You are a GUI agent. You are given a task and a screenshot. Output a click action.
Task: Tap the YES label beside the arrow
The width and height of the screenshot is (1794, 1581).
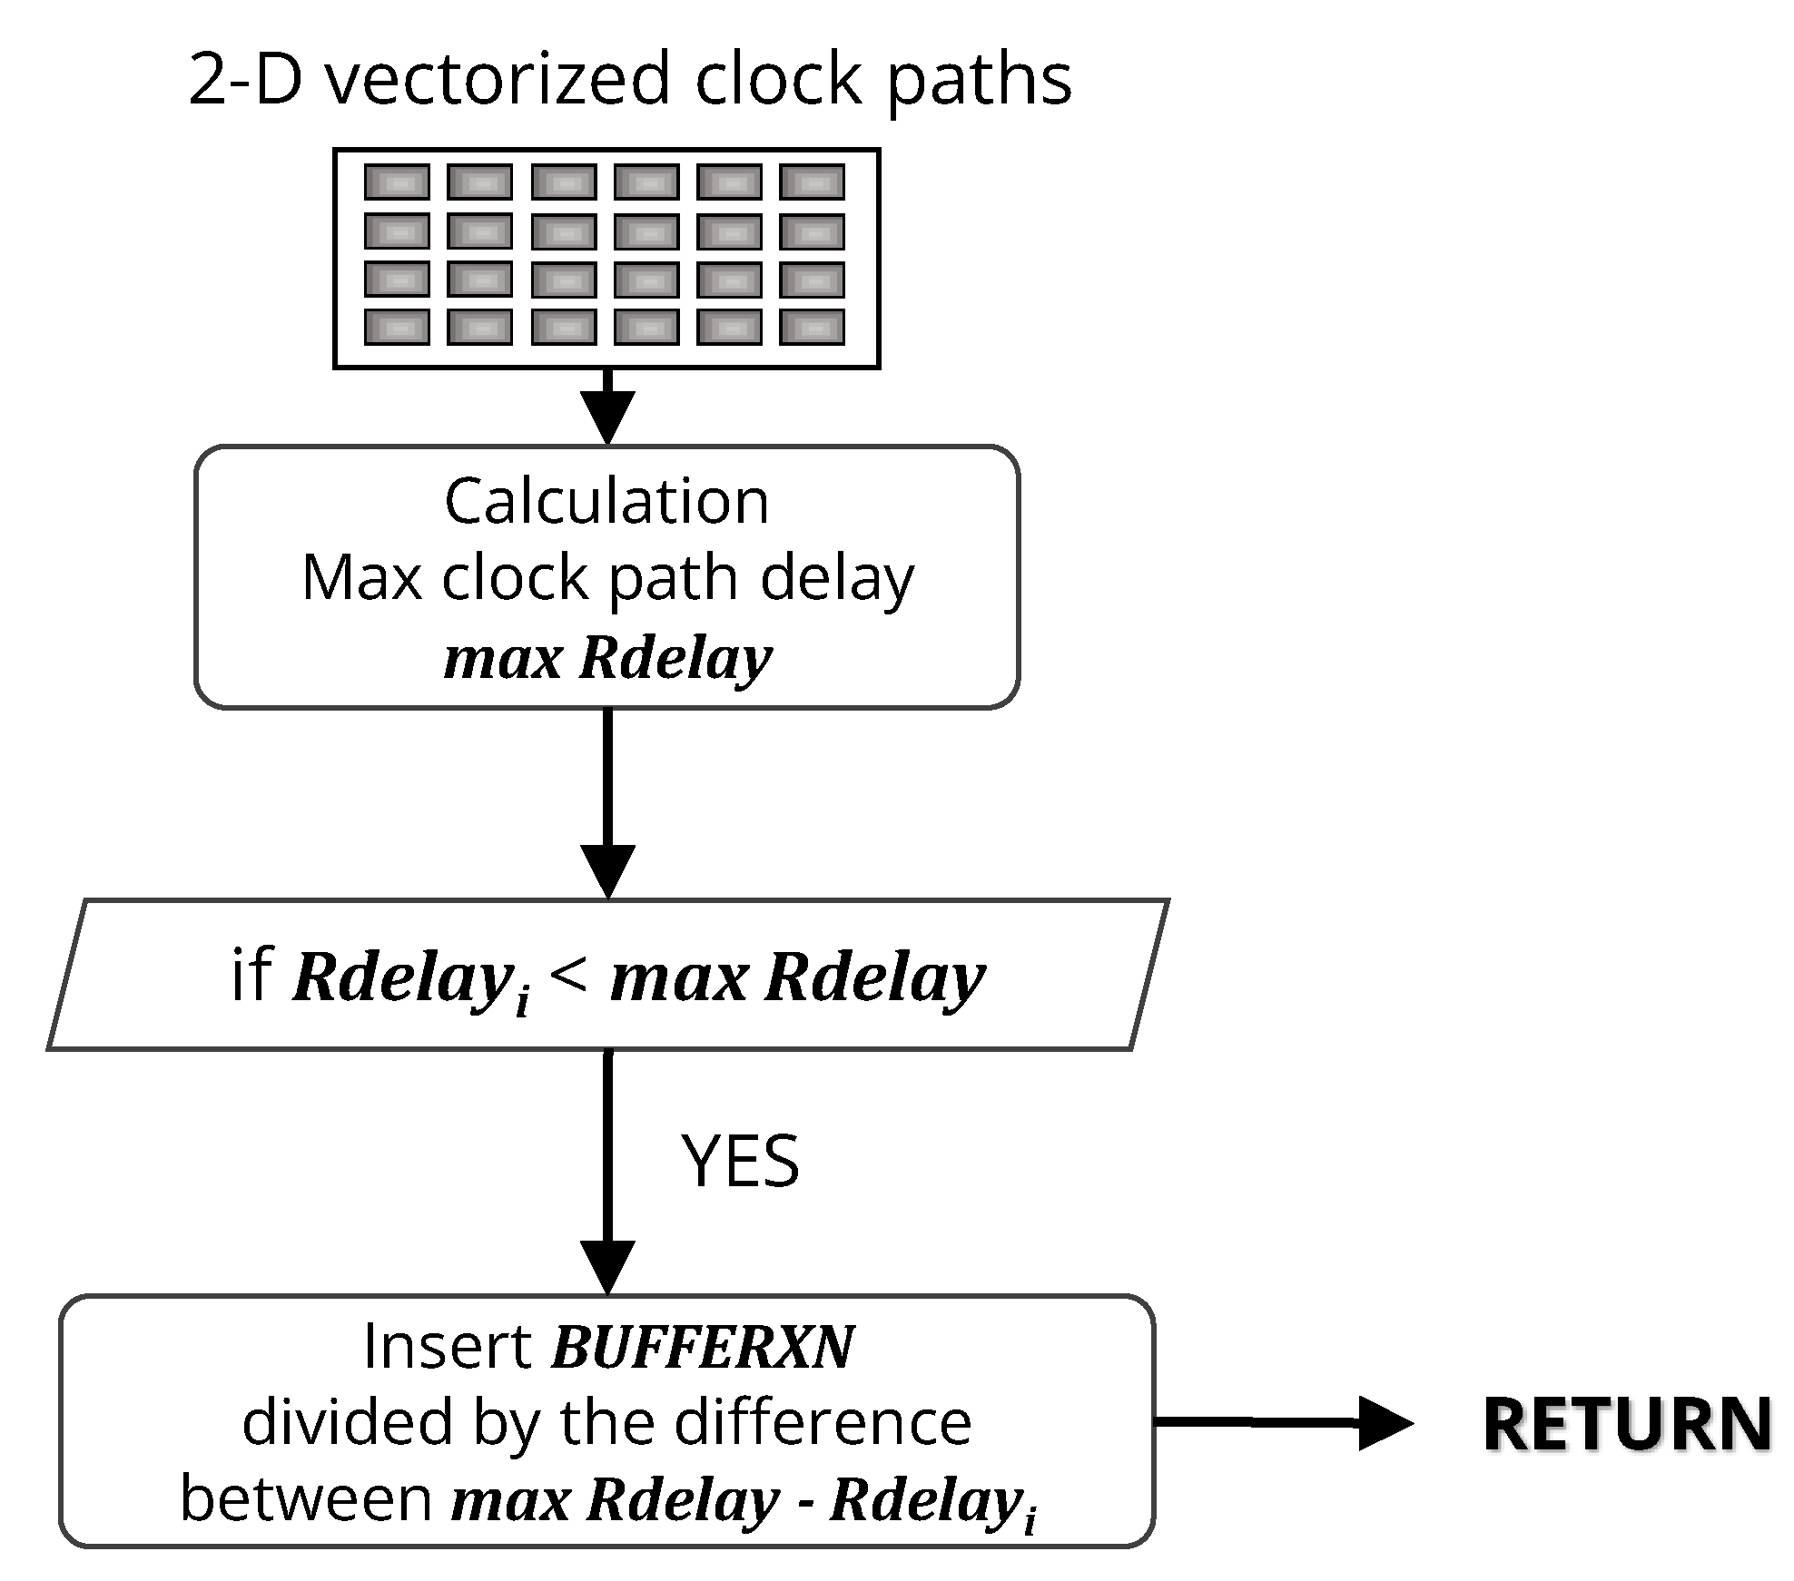point(740,1161)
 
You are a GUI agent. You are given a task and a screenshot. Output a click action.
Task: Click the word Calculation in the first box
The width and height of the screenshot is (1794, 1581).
point(606,501)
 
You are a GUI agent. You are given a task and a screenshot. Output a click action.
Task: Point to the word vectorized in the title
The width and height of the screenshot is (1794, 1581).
point(498,80)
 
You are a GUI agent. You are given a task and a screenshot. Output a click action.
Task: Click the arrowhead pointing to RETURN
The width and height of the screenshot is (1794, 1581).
point(1385,1422)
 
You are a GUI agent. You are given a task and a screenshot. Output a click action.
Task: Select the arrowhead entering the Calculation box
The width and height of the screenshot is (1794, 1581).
point(607,417)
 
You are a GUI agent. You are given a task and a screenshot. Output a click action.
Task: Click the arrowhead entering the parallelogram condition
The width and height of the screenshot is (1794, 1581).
point(607,870)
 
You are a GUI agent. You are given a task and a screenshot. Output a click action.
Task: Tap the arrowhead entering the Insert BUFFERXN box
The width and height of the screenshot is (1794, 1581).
point(607,1266)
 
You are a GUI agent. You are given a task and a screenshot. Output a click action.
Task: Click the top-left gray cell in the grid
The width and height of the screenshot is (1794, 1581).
point(397,182)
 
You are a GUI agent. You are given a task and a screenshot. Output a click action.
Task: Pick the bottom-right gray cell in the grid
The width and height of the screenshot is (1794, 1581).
point(812,328)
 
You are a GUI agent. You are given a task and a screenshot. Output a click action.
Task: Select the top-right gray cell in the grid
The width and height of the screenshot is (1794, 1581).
point(812,182)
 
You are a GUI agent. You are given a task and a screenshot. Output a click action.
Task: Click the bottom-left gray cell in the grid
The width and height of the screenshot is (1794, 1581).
point(397,328)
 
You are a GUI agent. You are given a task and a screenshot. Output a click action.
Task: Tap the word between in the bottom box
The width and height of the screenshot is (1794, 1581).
point(306,1498)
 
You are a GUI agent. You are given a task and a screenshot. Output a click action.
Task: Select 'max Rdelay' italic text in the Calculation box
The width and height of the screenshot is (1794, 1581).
point(607,657)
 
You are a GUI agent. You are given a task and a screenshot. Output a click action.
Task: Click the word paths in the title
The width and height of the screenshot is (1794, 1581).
point(979,80)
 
